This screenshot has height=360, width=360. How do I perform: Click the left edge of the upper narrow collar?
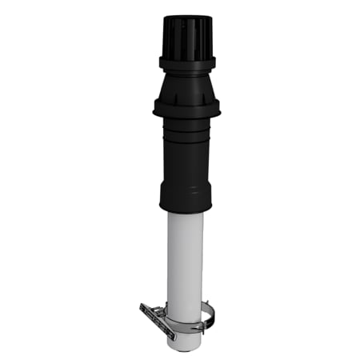click(159, 62)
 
